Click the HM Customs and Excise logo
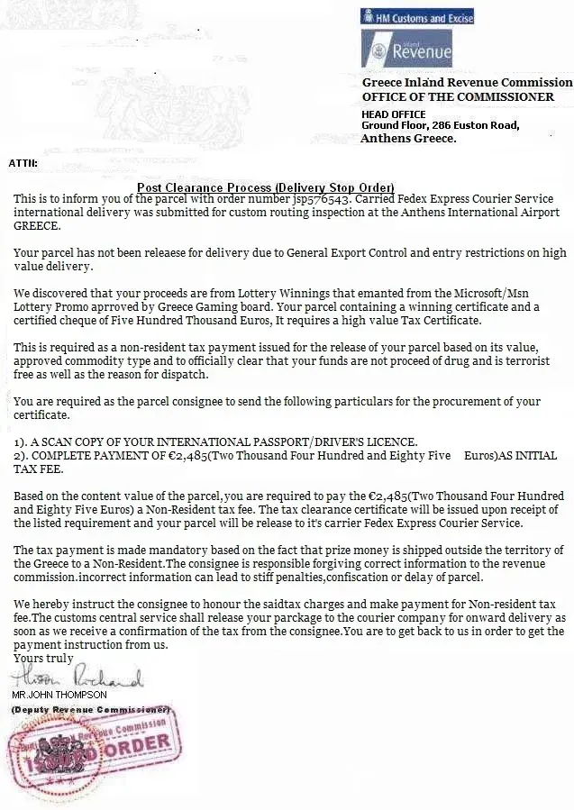(x=416, y=17)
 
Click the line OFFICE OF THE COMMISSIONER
(x=458, y=96)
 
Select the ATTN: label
(x=23, y=163)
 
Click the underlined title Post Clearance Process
(x=266, y=187)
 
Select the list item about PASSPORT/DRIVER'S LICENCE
(x=216, y=442)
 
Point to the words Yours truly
(x=43, y=659)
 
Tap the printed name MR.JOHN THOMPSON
(x=59, y=695)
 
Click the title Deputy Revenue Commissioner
(x=91, y=710)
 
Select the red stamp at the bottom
(x=95, y=751)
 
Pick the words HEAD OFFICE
(x=393, y=114)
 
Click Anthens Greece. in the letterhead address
(x=408, y=139)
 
